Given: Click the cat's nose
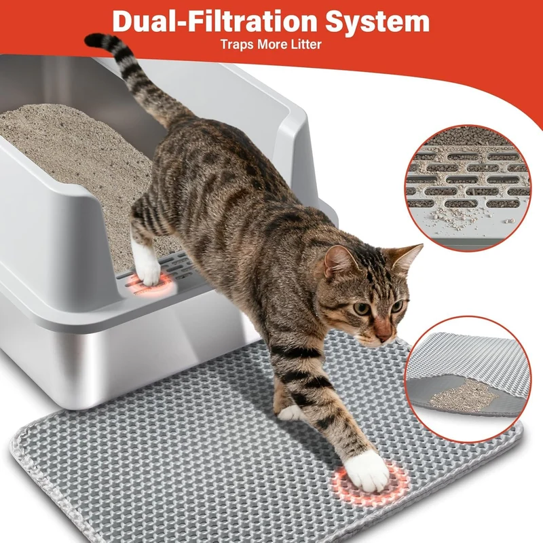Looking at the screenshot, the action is pos(384,334).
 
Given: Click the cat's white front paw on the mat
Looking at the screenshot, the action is pos(367,471).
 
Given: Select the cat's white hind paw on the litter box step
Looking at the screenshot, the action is pos(147,267).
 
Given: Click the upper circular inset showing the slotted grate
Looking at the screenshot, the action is pos(468,188).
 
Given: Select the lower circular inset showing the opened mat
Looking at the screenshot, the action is pos(468,379).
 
